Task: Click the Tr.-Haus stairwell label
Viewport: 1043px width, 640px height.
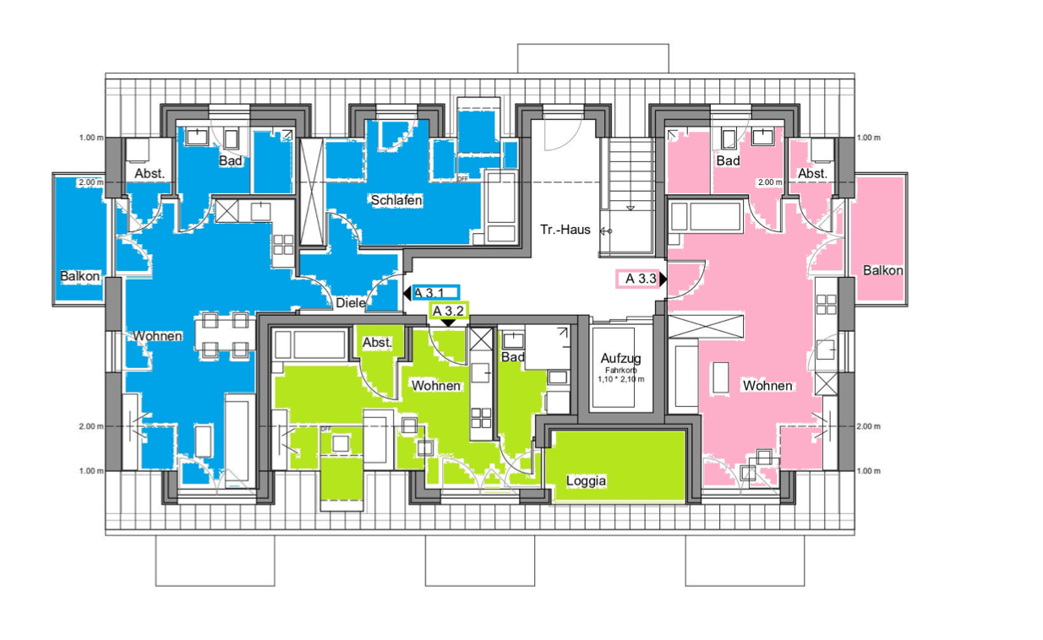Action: pos(565,230)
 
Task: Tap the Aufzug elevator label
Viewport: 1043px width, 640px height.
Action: pos(620,358)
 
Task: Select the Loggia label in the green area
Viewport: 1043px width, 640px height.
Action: pos(586,481)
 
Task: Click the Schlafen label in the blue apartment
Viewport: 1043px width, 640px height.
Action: pos(396,200)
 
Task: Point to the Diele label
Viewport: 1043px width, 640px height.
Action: pos(351,303)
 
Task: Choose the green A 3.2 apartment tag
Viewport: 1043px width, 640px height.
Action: pos(449,311)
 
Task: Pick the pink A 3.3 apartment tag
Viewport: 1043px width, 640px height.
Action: pos(638,279)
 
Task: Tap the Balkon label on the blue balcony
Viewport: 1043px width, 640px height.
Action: pos(79,276)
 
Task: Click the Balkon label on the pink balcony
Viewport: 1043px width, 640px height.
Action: pos(882,270)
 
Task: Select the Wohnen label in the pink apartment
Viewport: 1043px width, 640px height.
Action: pos(767,386)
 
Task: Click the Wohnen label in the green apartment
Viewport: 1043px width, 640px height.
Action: pos(436,386)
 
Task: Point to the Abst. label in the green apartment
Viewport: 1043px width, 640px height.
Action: pos(377,343)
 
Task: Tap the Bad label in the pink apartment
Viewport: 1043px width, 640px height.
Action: pos(728,161)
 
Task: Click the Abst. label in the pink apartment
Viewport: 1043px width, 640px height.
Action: pos(812,174)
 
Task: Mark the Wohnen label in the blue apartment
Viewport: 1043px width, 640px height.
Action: pos(157,336)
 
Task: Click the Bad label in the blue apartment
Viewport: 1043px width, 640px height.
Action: pos(231,161)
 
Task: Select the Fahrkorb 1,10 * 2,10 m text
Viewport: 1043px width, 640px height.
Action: pos(620,375)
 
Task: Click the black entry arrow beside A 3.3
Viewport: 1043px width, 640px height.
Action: pos(663,279)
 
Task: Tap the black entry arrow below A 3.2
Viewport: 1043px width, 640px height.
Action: pos(448,323)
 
